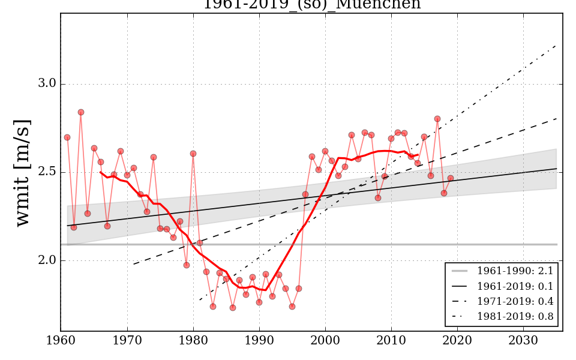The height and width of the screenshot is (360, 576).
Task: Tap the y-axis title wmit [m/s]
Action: [x=22, y=172]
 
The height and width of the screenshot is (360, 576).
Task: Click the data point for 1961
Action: [x=67, y=137]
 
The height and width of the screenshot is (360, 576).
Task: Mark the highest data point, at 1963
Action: [x=81, y=112]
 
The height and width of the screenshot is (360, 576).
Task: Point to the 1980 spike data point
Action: [x=193, y=154]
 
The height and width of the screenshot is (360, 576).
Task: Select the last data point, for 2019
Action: [x=451, y=178]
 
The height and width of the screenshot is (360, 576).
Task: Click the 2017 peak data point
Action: [x=437, y=119]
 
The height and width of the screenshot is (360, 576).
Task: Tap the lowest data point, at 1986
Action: [x=233, y=308]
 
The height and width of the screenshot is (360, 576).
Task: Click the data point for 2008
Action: [x=378, y=198]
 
